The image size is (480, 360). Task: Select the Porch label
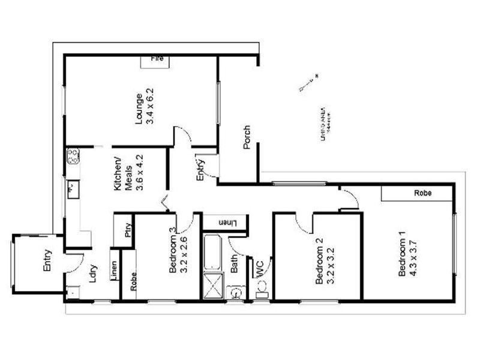[247, 137]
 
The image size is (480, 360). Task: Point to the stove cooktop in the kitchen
[73, 156]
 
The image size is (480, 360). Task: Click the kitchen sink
[71, 188]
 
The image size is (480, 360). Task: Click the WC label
[260, 268]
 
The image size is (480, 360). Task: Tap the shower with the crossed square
[213, 286]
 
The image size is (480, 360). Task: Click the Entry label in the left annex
[48, 260]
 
